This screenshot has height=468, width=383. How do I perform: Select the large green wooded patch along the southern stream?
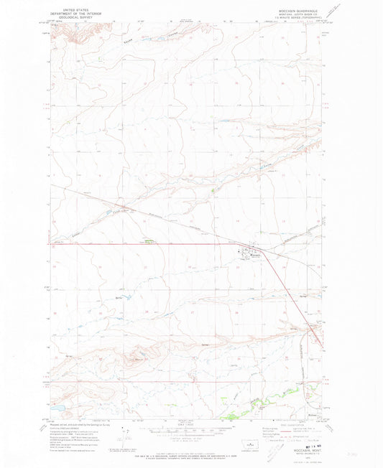234,413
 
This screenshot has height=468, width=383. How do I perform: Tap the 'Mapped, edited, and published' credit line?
75,424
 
